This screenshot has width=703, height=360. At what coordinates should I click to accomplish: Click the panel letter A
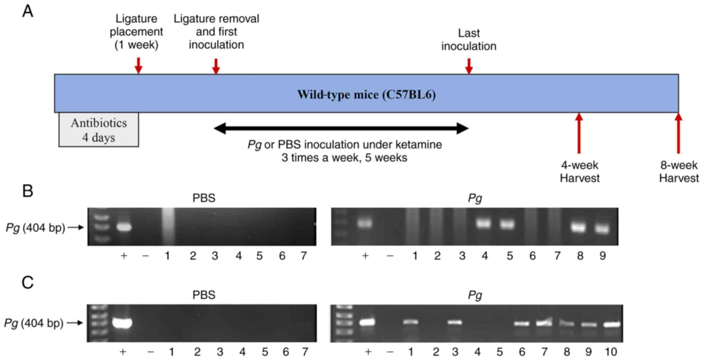coord(28,11)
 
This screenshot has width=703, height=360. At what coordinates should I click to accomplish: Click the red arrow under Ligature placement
coord(138,65)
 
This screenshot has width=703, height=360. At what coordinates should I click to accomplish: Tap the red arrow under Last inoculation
coord(469,66)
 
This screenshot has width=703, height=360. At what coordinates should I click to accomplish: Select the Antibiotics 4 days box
coord(99,130)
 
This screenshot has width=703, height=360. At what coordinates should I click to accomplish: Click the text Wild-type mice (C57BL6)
coord(366,94)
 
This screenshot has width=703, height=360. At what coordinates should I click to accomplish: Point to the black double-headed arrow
coord(341,128)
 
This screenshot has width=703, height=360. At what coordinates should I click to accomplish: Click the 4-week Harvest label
coord(579,172)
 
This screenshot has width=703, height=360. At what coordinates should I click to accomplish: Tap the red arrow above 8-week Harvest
coord(678,133)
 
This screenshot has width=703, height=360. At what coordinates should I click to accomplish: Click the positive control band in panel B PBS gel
coord(124,227)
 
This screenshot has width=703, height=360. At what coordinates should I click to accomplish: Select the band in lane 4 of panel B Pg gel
coord(484,223)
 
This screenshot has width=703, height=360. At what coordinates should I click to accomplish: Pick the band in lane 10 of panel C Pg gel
coord(612,325)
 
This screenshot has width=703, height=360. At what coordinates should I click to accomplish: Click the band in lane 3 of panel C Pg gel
coord(455,322)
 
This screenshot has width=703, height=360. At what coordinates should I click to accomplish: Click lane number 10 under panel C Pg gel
coord(611,352)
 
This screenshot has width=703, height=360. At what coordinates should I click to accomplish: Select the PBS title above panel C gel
coord(204,295)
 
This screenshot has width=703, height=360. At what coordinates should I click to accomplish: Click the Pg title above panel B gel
coord(475,198)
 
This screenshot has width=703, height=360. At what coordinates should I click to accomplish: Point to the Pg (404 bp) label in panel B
coord(36,228)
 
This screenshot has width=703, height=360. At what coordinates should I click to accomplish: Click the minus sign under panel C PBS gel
coord(150,352)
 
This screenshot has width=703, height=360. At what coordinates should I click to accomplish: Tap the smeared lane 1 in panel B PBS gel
coord(168,227)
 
